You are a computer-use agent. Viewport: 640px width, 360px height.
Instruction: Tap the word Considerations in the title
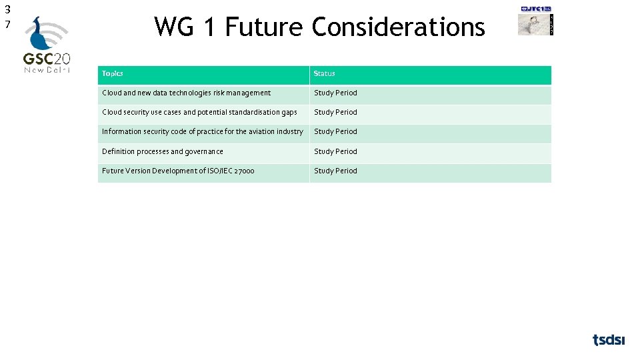tap(398, 27)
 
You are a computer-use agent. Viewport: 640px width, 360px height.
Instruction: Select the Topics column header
tap(113, 73)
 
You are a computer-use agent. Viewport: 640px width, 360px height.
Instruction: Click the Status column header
tap(325, 73)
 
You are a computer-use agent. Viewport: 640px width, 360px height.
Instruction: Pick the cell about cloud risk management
tap(186, 93)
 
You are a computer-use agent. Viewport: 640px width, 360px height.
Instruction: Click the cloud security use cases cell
tap(199, 112)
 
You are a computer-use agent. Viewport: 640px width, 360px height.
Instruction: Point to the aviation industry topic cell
tap(202, 131)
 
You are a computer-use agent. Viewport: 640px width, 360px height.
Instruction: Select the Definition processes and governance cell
tap(163, 151)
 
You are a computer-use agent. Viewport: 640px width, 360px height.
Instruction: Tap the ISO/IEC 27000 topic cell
tap(178, 171)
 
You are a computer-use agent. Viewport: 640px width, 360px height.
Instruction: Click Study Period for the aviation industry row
tap(335, 131)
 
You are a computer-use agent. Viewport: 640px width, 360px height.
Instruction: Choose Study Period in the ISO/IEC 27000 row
tap(335, 171)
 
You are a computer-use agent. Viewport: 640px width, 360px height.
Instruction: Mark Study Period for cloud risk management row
tap(335, 93)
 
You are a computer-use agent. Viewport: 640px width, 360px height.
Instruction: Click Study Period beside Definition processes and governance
tap(335, 151)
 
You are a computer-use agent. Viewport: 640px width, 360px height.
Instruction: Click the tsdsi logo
tap(609, 340)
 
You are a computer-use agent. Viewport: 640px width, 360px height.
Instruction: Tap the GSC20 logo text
tap(47, 58)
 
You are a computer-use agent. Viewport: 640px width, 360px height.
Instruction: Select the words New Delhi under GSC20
tap(47, 69)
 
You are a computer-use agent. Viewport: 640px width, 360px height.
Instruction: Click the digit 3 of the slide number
tap(7, 9)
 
